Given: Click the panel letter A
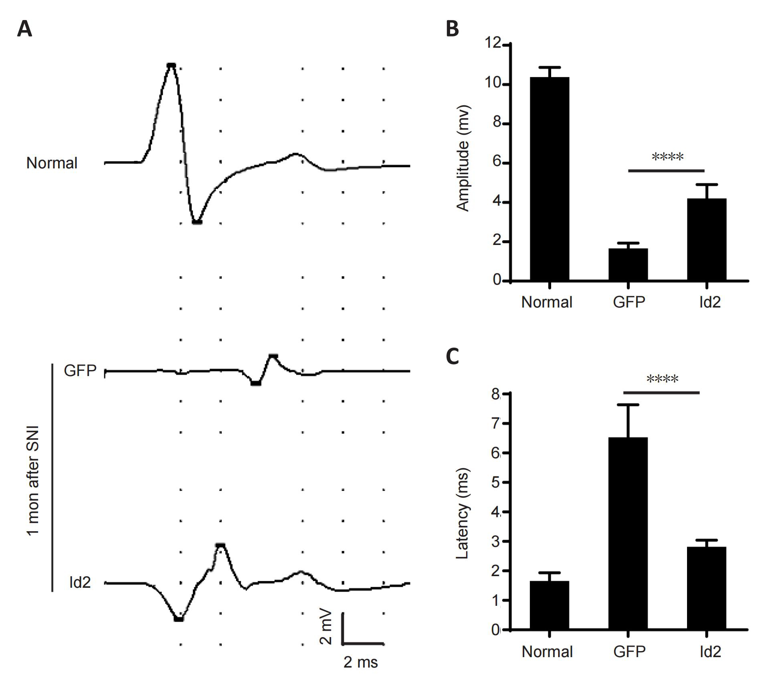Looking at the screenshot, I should (24, 29).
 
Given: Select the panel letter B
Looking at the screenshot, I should (452, 29).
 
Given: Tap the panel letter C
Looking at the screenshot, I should (452, 356).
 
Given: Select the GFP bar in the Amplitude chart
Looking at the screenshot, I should (628, 265).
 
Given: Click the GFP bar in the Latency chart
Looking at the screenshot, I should (628, 533).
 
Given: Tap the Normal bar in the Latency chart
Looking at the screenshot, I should (550, 605).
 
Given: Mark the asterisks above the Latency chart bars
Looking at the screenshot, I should (662, 379).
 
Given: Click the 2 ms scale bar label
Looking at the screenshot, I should (360, 662).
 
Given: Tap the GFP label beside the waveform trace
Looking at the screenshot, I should (80, 370).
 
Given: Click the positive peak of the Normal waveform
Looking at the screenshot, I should (172, 65).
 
